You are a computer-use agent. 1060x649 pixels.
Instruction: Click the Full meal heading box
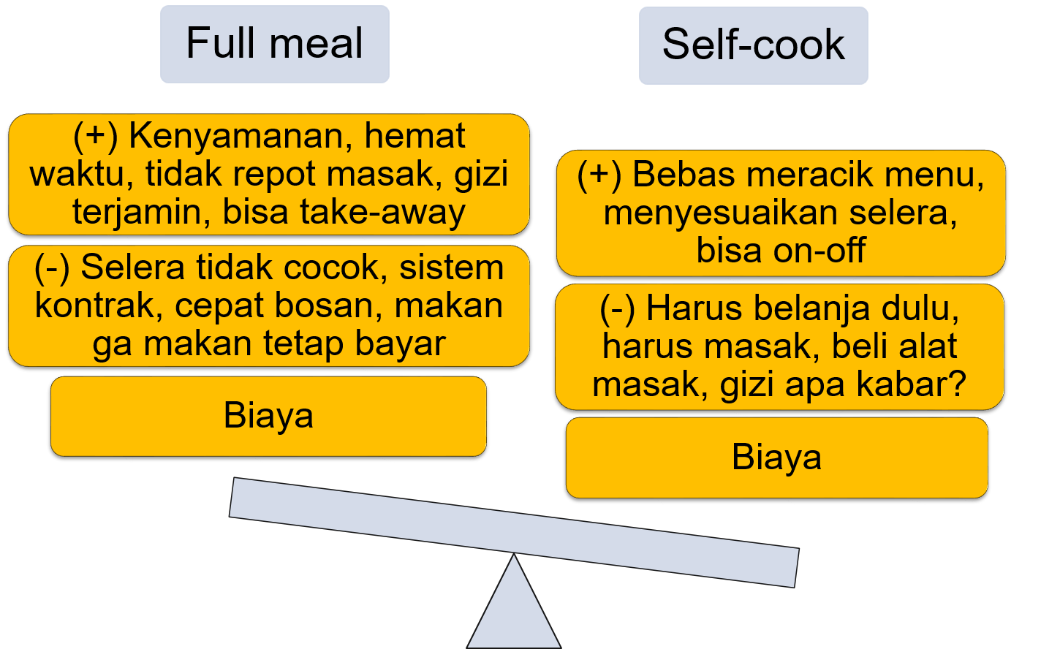[x=274, y=44]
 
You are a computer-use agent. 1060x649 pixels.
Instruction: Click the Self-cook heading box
[x=753, y=45]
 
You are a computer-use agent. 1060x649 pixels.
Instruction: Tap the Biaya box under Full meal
[x=268, y=416]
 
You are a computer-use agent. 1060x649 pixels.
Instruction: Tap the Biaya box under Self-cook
[x=776, y=458]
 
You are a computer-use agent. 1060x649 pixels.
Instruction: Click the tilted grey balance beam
[x=513, y=532]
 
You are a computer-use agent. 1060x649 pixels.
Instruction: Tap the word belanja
[x=805, y=309]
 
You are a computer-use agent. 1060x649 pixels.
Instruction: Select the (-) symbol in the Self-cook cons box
[x=616, y=309]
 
